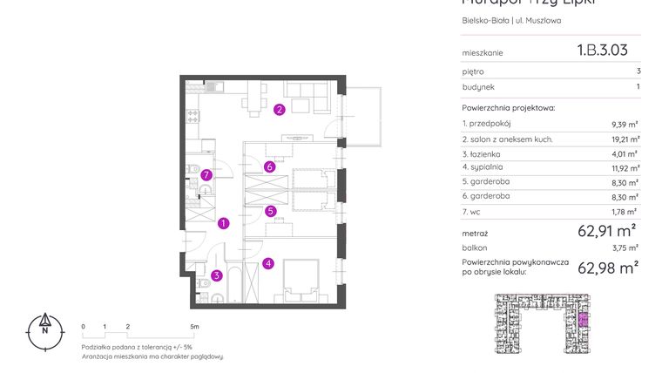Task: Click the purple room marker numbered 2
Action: click(x=279, y=110)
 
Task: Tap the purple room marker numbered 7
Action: click(x=206, y=175)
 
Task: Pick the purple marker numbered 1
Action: click(x=224, y=223)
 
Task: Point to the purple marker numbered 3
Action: click(x=216, y=275)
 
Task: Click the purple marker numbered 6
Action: click(x=270, y=167)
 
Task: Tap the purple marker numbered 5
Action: click(x=271, y=210)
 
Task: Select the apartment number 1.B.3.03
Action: click(x=602, y=51)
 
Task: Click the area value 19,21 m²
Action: click(x=623, y=139)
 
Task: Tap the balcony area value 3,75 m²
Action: click(x=625, y=248)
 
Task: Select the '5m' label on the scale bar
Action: click(x=194, y=326)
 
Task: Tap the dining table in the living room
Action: click(x=253, y=97)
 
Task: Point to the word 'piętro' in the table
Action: click(x=473, y=71)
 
